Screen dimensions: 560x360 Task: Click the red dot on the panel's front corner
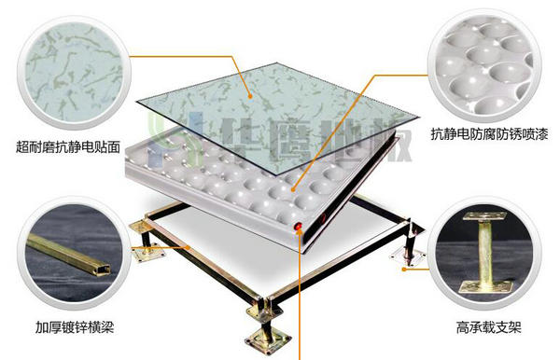(298, 227)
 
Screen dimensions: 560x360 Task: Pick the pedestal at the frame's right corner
(412, 244)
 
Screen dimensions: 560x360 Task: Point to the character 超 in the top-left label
(22, 146)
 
